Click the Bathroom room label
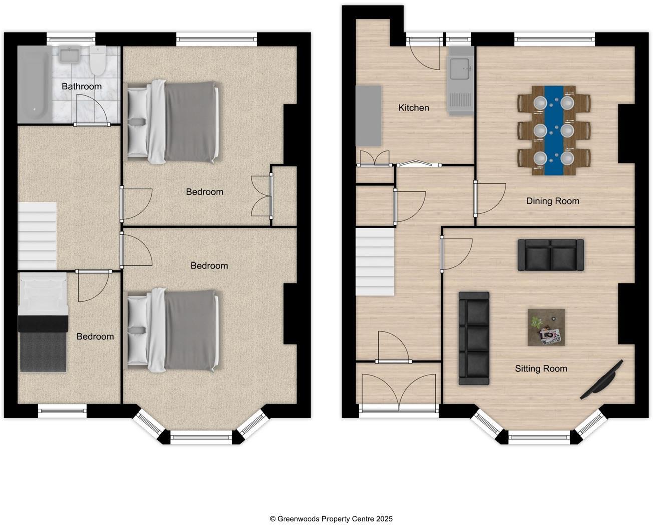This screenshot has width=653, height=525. pyautogui.click(x=81, y=86)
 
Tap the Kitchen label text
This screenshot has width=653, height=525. pyautogui.click(x=413, y=108)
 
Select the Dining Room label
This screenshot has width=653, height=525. pyautogui.click(x=552, y=201)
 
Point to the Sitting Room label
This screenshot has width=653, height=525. pyautogui.click(x=541, y=369)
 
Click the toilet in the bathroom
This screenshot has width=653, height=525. pyautogui.click(x=98, y=60)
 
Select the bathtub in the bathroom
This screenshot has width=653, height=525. pyautogui.click(x=34, y=84)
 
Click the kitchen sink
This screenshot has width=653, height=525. pyautogui.click(x=460, y=68)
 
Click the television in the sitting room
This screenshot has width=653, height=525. pyautogui.click(x=602, y=380)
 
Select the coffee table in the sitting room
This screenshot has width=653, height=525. pyautogui.click(x=546, y=327)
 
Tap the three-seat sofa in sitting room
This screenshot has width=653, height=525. pyautogui.click(x=474, y=339)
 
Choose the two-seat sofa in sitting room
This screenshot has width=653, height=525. pyautogui.click(x=550, y=255)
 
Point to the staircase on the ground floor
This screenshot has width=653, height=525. pyautogui.click(x=375, y=261)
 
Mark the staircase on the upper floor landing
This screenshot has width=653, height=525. pyautogui.click(x=37, y=236)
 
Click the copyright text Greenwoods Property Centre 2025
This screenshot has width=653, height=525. pyautogui.click(x=331, y=519)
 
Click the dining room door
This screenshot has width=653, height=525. pyautogui.click(x=489, y=198)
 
